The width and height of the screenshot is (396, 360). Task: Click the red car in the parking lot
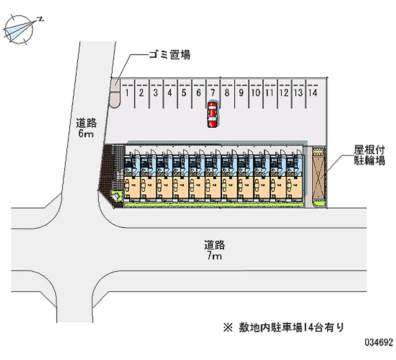(x=212, y=114)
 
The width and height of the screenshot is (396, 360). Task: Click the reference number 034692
(x=378, y=343)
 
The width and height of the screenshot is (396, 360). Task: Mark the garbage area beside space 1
(x=115, y=93)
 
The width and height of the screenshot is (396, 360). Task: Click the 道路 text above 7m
(x=214, y=245)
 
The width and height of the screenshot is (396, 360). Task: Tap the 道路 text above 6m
(x=86, y=122)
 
